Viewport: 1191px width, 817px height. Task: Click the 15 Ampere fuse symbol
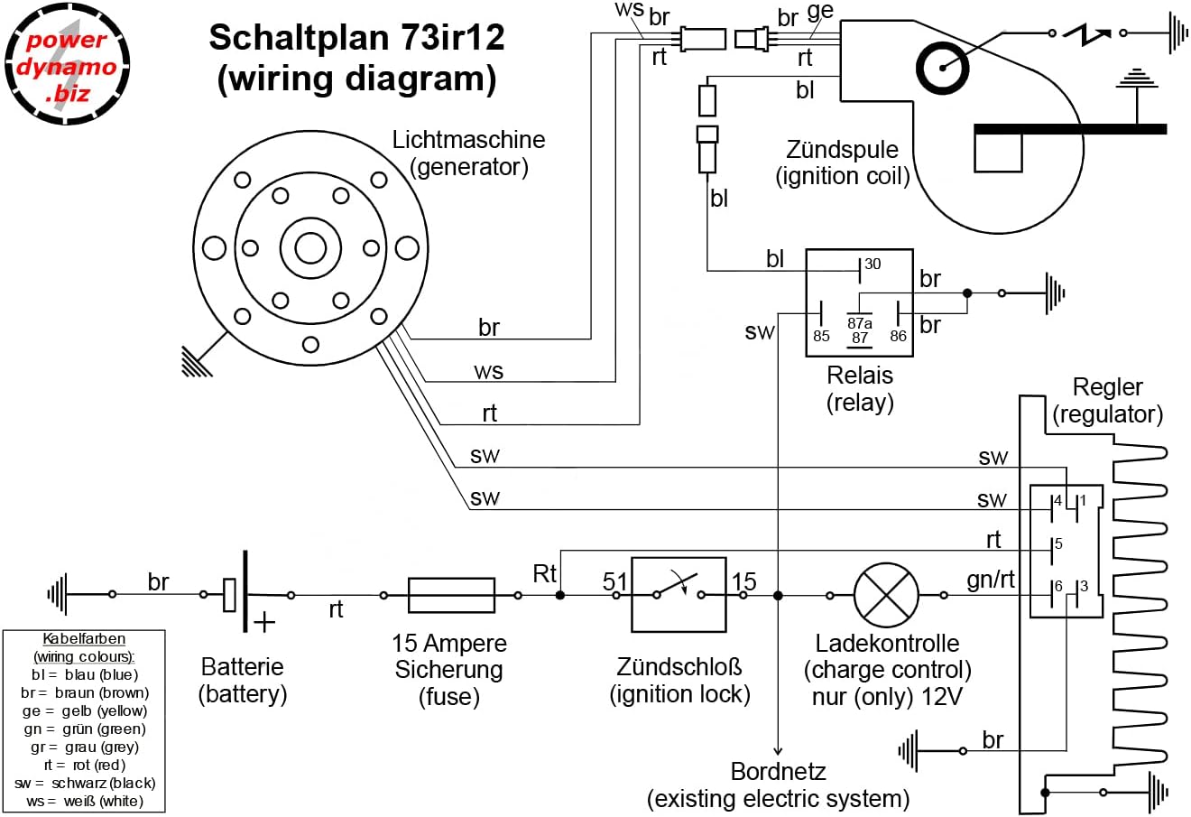451,596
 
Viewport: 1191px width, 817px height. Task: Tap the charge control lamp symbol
886,596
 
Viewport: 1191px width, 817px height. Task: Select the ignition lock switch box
679,595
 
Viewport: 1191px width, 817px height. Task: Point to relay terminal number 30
872,265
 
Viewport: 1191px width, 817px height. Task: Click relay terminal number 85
821,336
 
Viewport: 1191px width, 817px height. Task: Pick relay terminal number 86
898,336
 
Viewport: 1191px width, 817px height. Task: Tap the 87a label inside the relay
860,322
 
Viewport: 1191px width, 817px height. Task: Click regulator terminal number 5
1058,544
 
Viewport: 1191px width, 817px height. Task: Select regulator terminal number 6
1058,587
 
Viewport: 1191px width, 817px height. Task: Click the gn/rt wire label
991,580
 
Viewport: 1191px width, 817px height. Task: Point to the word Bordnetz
778,772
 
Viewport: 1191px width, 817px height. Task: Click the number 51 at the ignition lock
614,582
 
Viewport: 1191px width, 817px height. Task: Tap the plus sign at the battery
264,622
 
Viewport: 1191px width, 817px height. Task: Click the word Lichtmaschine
468,140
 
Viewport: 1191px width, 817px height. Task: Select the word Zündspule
842,150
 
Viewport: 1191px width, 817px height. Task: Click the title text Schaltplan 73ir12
356,39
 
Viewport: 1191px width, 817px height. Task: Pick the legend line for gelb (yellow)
86,711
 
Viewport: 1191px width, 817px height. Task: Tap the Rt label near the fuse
545,573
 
